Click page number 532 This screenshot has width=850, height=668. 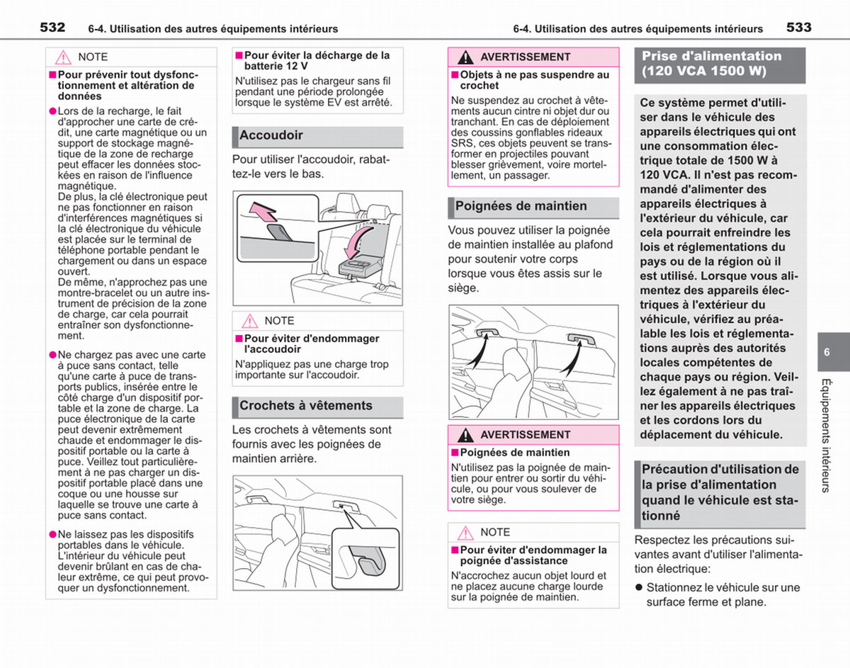pyautogui.click(x=52, y=28)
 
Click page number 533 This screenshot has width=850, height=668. pyautogui.click(x=799, y=28)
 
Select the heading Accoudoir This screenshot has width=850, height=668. pyautogui.click(x=271, y=135)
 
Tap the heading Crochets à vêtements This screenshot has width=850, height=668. pyautogui.click(x=305, y=406)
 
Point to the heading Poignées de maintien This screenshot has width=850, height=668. pyautogui.click(x=521, y=206)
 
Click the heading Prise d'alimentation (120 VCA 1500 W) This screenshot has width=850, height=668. pyautogui.click(x=712, y=63)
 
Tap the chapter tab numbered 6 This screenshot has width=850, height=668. pyautogui.click(x=827, y=352)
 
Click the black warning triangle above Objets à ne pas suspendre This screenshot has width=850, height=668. pyautogui.click(x=465, y=57)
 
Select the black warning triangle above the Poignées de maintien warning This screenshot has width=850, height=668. pyautogui.click(x=465, y=435)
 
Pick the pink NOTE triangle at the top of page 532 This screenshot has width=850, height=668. pyautogui.click(x=63, y=57)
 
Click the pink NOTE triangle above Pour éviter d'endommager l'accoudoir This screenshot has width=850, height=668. pyautogui.click(x=249, y=321)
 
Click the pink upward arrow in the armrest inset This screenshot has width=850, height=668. pyautogui.click(x=263, y=212)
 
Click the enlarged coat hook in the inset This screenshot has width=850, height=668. pyautogui.click(x=366, y=560)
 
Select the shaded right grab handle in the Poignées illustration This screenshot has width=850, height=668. pyautogui.click(x=582, y=339)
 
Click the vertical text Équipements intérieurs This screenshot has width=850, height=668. pyautogui.click(x=826, y=435)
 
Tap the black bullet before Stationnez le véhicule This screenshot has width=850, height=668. pyautogui.click(x=639, y=587)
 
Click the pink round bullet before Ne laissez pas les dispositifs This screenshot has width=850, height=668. pyautogui.click(x=53, y=535)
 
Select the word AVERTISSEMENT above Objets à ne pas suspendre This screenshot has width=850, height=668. pyautogui.click(x=525, y=57)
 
